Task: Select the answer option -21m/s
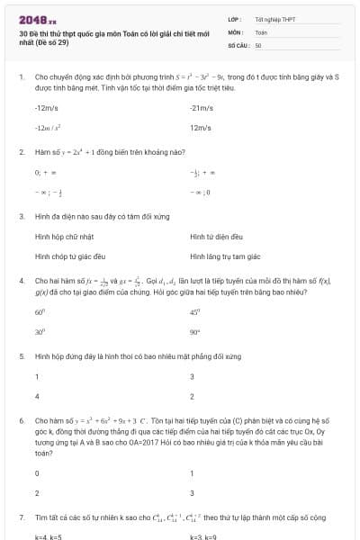[200, 108]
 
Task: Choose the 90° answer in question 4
[195, 331]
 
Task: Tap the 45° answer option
[195, 312]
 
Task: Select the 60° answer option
[40, 312]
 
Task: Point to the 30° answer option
[40, 331]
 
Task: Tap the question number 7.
[21, 517]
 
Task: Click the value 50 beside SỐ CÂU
[258, 44]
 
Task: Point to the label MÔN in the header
[235, 31]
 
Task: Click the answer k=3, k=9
[204, 536]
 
